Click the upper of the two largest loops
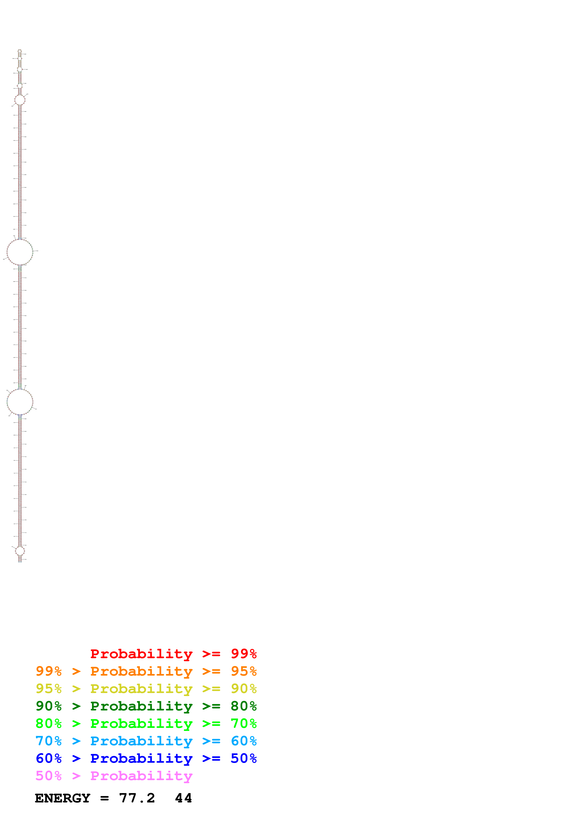click(x=20, y=252)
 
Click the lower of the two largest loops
click(x=20, y=402)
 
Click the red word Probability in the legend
click(x=141, y=654)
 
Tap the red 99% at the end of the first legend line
click(x=244, y=654)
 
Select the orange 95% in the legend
click(x=244, y=671)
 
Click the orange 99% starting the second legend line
click(x=49, y=671)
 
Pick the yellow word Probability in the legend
click(x=141, y=689)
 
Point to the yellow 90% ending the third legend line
click(x=244, y=689)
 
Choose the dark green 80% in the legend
click(x=244, y=706)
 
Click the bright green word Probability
click(x=141, y=723)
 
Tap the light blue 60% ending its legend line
click(x=244, y=741)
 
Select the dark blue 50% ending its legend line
click(x=244, y=758)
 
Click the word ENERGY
click(x=63, y=798)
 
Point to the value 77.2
click(x=137, y=798)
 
